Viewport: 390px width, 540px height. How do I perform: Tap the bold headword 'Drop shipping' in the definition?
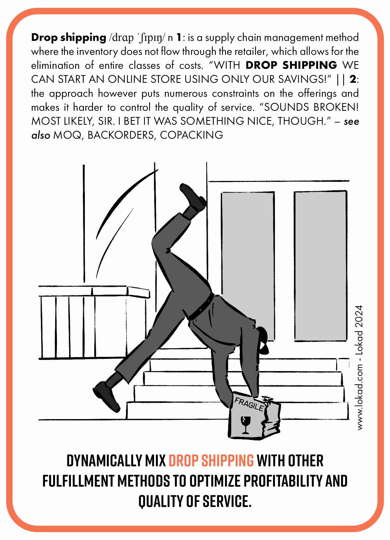tap(69, 38)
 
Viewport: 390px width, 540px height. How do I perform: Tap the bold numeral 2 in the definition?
tap(353, 80)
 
